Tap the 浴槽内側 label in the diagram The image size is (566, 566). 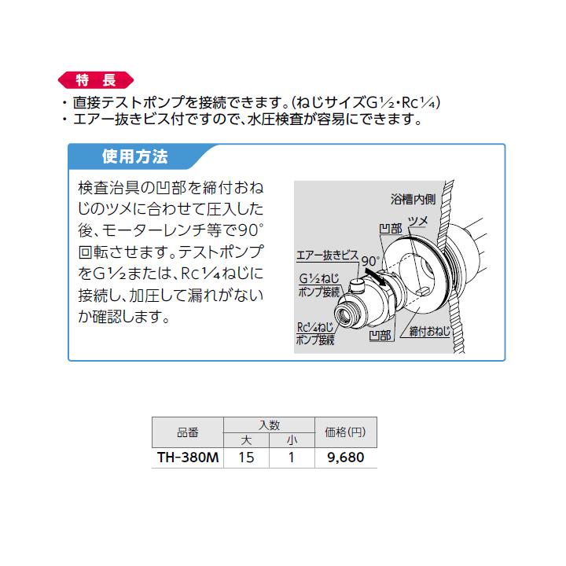tap(412, 198)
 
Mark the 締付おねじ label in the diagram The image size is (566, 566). tap(430, 333)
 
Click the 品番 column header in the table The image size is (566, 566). tap(188, 432)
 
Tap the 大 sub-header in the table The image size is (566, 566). tap(246, 439)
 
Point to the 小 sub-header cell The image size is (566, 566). tap(291, 439)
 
